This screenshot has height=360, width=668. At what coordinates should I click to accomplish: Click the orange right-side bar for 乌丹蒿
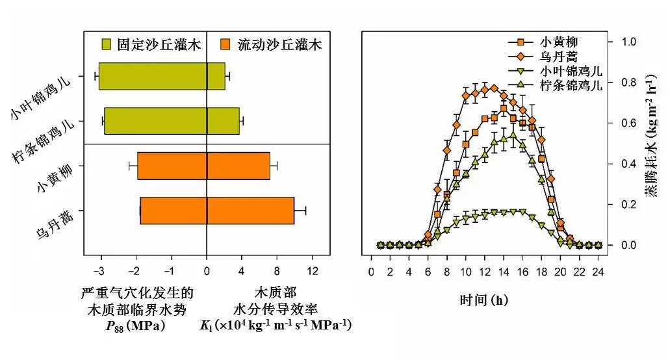(x=250, y=211)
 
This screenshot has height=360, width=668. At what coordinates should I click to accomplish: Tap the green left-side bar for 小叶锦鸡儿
(x=153, y=76)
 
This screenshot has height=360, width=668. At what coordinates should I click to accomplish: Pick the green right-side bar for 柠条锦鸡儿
(x=223, y=121)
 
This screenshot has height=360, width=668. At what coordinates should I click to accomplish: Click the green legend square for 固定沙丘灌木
(x=107, y=44)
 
